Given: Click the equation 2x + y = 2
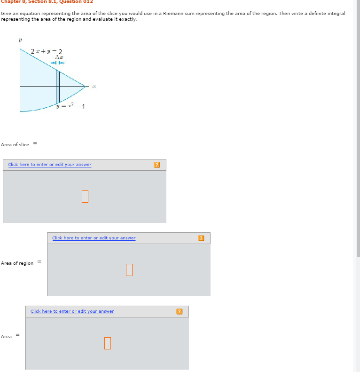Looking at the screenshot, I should pyautogui.click(x=47, y=51).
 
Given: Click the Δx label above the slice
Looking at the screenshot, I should pyautogui.click(x=59, y=57).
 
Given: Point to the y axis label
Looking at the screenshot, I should pyautogui.click(x=20, y=41).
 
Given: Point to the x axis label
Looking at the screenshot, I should pyautogui.click(x=94, y=86).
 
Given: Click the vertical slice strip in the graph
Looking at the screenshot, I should pyautogui.click(x=58, y=87).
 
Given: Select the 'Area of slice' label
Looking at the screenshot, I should pyautogui.click(x=15, y=145).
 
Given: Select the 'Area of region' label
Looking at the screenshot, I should pyautogui.click(x=17, y=263).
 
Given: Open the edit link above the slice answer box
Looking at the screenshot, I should pyautogui.click(x=50, y=165).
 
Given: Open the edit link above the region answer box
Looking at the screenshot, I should pyautogui.click(x=94, y=238).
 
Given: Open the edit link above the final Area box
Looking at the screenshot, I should pyautogui.click(x=72, y=311).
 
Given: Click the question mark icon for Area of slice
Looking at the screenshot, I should pyautogui.click(x=157, y=165).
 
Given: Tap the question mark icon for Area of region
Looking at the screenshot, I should pyautogui.click(x=201, y=238).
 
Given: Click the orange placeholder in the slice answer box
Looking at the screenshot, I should pyautogui.click(x=85, y=196).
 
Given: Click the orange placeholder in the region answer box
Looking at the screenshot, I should pyautogui.click(x=129, y=269).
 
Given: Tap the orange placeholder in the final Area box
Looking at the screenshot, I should pyautogui.click(x=108, y=343).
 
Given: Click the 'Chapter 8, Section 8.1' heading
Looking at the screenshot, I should pyautogui.click(x=28, y=1).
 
